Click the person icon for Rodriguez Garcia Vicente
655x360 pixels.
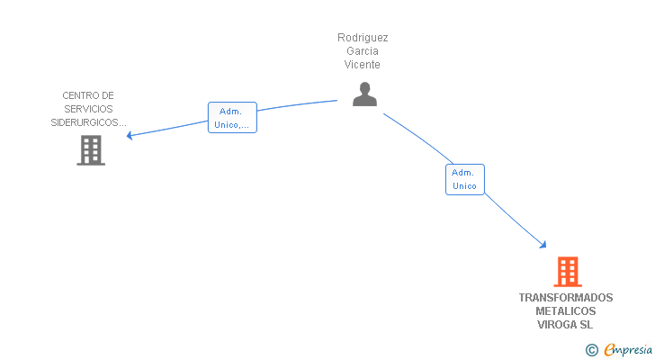tap(364, 94)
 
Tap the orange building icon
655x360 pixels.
tap(567, 271)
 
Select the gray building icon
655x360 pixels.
tap(91, 150)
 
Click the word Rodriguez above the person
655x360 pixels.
tap(363, 38)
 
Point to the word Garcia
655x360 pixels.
tap(363, 51)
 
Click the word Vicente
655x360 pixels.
tap(363, 65)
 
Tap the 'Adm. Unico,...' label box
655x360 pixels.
tap(232, 118)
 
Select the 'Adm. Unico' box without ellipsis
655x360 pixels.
tap(464, 179)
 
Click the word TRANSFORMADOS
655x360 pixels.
tap(566, 298)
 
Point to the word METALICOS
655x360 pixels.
tap(566, 311)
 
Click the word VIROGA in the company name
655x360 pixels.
tap(557, 325)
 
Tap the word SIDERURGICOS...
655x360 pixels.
tap(88, 122)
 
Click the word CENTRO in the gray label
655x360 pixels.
tap(76, 95)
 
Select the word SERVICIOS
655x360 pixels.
tap(88, 109)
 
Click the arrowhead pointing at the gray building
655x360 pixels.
tap(130, 136)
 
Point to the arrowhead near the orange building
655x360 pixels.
tap(543, 244)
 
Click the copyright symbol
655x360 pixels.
tap(591, 350)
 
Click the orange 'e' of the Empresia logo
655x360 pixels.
tap(609, 350)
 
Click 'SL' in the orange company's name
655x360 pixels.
tap(587, 325)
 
